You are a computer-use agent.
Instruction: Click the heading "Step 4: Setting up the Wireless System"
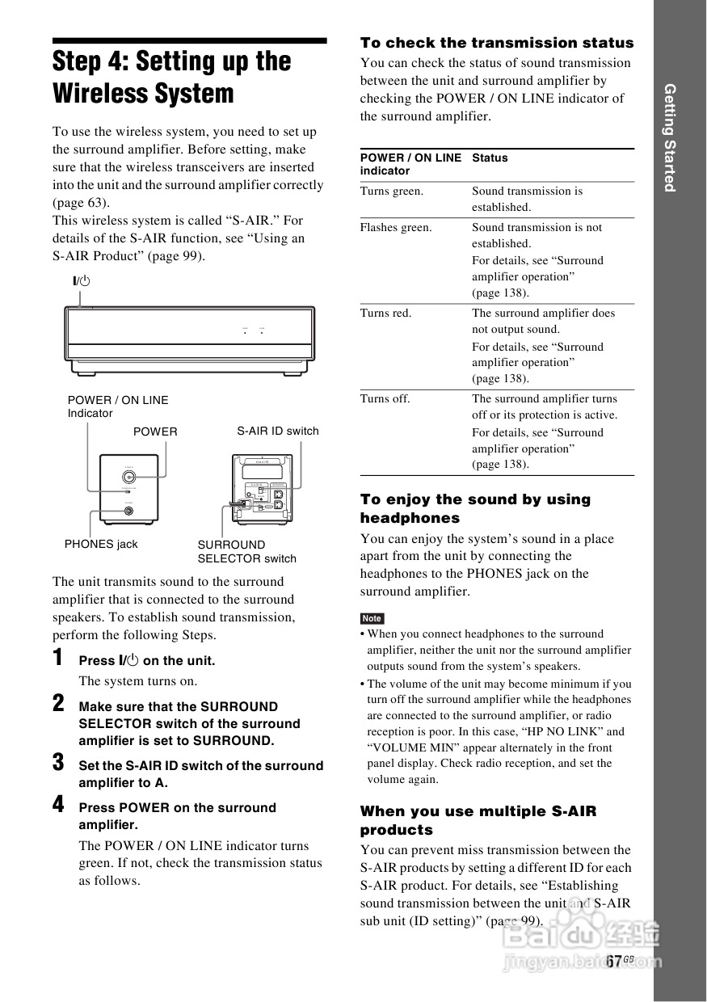(x=171, y=78)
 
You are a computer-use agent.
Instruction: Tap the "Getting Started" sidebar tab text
(x=669, y=137)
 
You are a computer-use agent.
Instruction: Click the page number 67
(x=614, y=961)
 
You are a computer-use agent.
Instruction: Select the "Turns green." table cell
(x=392, y=192)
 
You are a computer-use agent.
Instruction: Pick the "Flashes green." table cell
(x=396, y=228)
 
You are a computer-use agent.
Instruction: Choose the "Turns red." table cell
(x=385, y=314)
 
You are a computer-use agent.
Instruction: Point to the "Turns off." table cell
(x=385, y=399)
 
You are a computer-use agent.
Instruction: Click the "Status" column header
(x=490, y=158)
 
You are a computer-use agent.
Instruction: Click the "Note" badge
(x=372, y=618)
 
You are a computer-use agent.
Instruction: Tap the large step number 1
(x=58, y=658)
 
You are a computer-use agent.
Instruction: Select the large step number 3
(x=58, y=762)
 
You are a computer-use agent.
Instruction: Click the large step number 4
(x=58, y=805)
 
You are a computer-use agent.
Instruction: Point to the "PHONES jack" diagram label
(x=101, y=545)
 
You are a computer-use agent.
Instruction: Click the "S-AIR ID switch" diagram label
(x=277, y=432)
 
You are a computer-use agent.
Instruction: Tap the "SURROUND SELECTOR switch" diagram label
(x=246, y=552)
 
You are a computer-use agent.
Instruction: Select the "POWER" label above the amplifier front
(x=155, y=432)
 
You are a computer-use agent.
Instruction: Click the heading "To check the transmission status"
(x=496, y=44)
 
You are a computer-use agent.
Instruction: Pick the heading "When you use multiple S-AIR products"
(x=478, y=820)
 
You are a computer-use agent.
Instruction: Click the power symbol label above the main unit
(x=81, y=281)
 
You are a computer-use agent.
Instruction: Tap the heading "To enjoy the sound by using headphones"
(x=475, y=508)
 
